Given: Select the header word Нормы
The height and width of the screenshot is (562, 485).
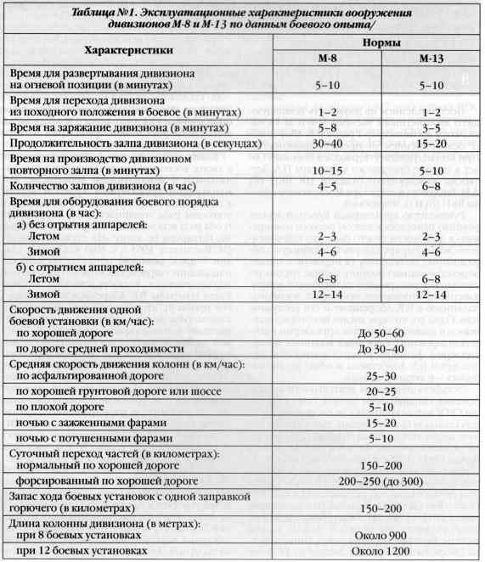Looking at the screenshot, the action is pos(376,42).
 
